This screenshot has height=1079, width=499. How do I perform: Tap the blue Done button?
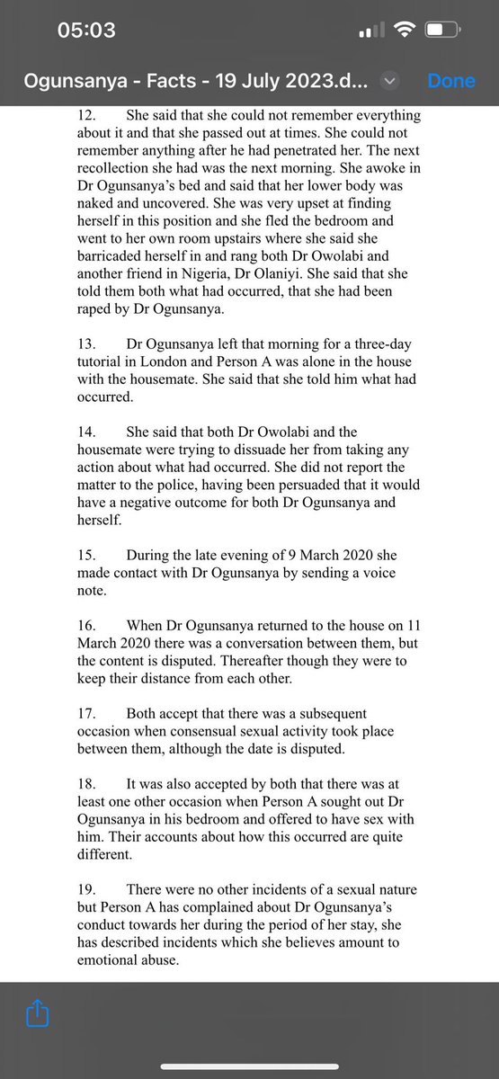tap(451, 81)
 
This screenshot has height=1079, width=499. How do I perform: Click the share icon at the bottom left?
tap(37, 1014)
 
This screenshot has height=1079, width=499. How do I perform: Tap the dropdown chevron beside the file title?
tap(389, 81)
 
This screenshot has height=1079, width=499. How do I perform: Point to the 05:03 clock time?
tap(86, 30)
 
